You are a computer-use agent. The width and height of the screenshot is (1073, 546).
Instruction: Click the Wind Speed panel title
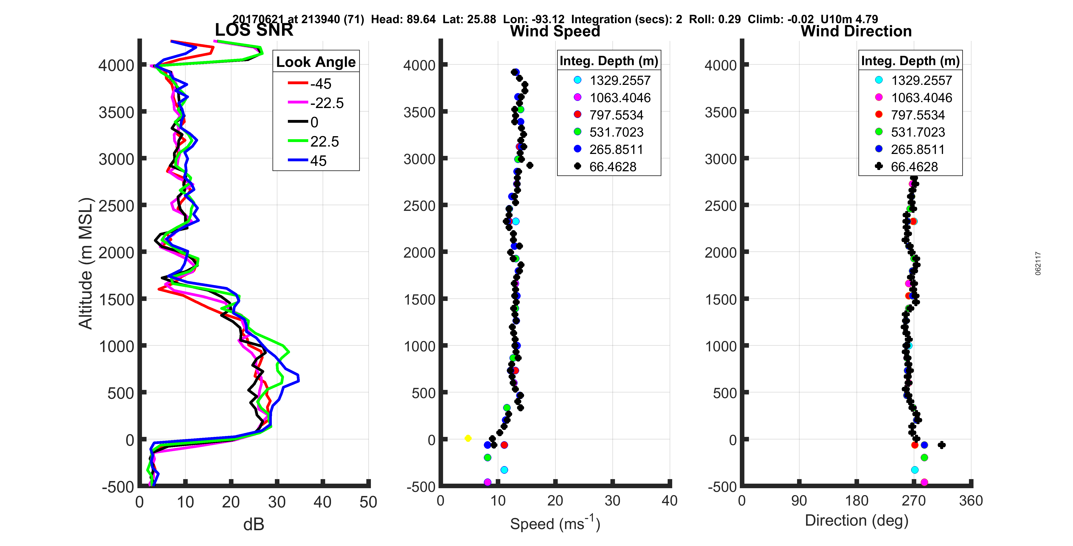(x=555, y=31)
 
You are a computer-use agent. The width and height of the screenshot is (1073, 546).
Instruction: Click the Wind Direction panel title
(x=856, y=31)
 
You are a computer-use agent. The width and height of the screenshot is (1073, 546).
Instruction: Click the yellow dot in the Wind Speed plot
(x=468, y=438)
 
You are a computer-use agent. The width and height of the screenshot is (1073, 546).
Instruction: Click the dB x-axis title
(x=254, y=524)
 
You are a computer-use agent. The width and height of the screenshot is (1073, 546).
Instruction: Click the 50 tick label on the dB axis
(x=368, y=502)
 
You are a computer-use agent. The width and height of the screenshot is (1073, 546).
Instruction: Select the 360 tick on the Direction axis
(x=970, y=501)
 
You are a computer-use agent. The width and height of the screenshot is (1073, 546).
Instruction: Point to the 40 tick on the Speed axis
(x=669, y=501)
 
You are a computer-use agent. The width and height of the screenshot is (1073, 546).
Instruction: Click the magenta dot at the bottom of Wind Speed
(x=487, y=482)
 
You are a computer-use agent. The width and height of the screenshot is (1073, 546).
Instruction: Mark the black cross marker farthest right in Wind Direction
(x=941, y=445)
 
